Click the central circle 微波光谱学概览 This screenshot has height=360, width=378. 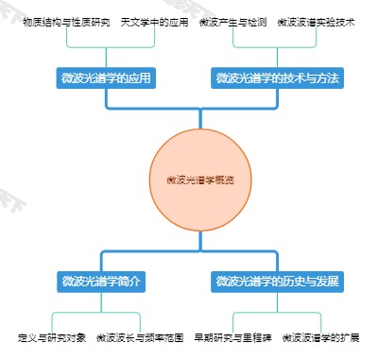click(x=200, y=179)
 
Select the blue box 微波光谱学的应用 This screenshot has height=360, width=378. click(x=105, y=77)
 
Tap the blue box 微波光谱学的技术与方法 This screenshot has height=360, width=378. click(x=276, y=77)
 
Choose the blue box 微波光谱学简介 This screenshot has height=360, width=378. click(x=102, y=281)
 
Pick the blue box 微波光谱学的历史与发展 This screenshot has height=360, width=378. click(x=277, y=281)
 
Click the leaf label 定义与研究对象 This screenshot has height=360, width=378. click(x=52, y=336)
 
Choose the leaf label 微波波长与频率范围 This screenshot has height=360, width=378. click(x=138, y=336)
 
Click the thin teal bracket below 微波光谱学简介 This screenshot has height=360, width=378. click(x=102, y=313)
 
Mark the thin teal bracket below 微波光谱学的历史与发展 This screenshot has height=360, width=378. click(x=277, y=313)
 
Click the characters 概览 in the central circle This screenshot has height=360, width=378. click(x=224, y=179)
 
